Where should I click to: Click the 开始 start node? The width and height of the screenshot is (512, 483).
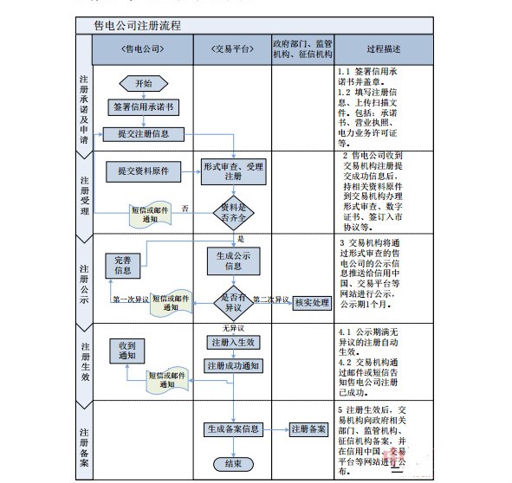tap(143, 84)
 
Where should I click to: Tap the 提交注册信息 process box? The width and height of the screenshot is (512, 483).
tap(143, 133)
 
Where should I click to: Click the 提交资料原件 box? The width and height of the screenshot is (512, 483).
tap(143, 171)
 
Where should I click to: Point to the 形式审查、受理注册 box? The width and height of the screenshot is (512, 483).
tap(233, 171)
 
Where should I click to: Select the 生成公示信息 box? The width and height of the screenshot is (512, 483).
tap(233, 261)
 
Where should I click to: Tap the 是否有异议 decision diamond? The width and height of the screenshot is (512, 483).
tap(233, 301)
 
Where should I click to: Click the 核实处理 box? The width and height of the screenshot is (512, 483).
tap(312, 301)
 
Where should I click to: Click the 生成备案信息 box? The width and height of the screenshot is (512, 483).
tap(233, 428)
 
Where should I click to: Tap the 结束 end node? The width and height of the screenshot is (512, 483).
tap(233, 464)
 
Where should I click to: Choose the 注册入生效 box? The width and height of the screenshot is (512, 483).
tap(233, 343)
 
